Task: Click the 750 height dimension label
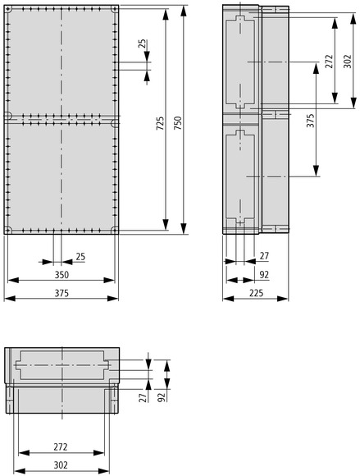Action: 178,123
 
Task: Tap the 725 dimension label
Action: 160,123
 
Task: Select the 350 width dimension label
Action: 62,275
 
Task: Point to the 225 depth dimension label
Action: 257,293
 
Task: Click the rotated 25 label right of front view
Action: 143,44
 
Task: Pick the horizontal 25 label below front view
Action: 80,257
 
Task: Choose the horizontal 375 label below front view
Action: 62,293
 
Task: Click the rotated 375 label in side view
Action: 310,121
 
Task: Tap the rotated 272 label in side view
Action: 329,62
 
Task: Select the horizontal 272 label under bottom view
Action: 61,446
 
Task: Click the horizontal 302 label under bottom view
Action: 61,465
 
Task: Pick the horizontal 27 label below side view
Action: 264,256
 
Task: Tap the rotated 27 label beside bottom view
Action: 143,396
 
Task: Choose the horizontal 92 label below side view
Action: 264,275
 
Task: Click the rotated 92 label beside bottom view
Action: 162,396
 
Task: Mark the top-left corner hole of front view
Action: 8,9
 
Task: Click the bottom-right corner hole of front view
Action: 115,230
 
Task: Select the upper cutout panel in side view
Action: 240,62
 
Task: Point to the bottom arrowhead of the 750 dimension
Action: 184,228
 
